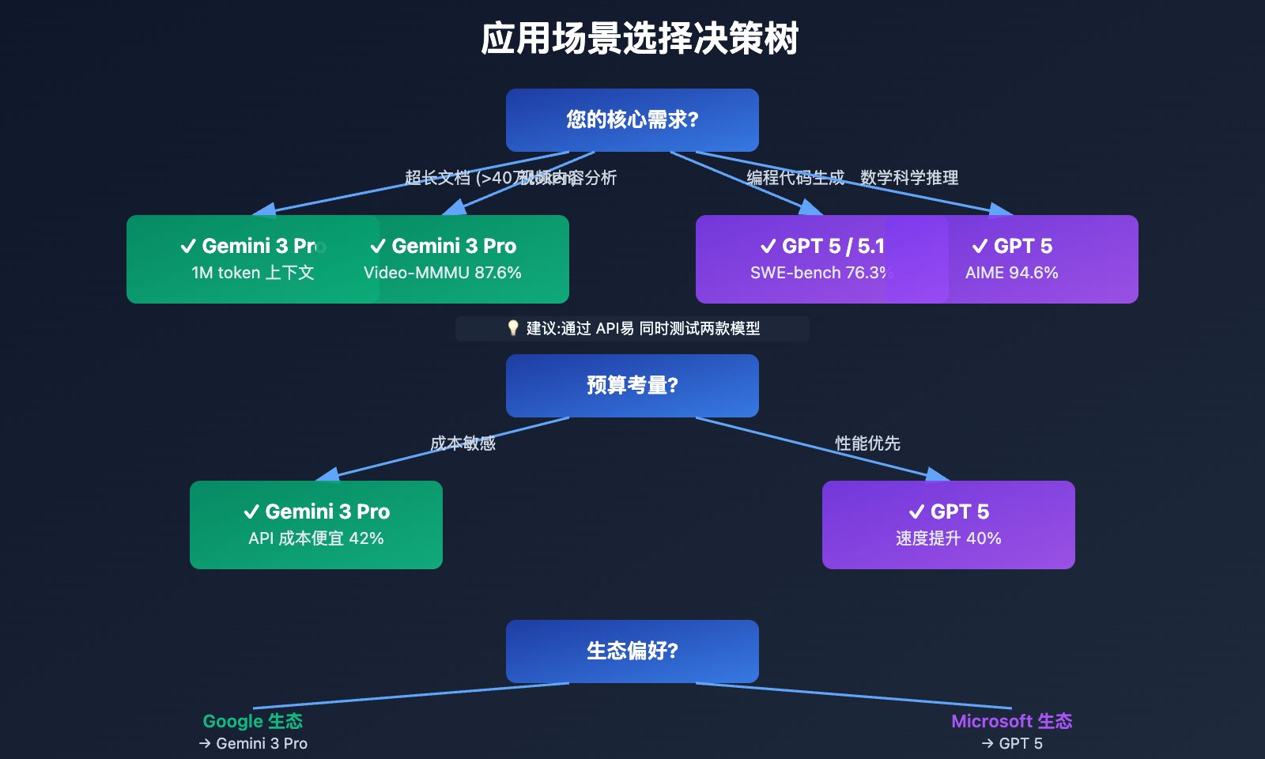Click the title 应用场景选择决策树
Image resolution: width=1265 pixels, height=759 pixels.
coord(640,39)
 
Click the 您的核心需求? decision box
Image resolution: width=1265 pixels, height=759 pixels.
coord(632,120)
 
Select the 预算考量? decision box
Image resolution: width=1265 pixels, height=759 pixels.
coord(632,386)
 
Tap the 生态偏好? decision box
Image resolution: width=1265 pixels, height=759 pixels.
coord(632,651)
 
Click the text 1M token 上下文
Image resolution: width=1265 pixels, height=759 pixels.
coord(253,273)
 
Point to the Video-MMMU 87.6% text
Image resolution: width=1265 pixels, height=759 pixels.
coord(443,273)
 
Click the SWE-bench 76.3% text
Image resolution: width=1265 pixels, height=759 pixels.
coord(819,273)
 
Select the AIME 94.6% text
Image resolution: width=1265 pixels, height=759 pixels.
coord(1012,273)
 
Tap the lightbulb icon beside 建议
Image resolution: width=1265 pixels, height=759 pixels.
coord(513,328)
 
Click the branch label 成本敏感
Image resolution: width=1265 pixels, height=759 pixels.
coord(463,444)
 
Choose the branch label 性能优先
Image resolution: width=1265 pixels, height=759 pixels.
coord(868,444)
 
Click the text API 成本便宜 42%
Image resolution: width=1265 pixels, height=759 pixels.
coord(316,538)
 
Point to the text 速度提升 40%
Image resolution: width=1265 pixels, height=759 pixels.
coord(949,538)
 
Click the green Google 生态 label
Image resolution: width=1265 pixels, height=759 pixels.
coord(253,721)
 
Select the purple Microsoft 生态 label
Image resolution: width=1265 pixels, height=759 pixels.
coord(1012,721)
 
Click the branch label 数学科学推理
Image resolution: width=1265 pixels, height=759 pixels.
coord(909,178)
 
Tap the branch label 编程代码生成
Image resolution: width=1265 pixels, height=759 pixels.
coord(795,178)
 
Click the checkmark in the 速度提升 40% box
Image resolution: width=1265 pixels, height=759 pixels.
coord(916,512)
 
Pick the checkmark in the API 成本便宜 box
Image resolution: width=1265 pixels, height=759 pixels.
coord(251,512)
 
